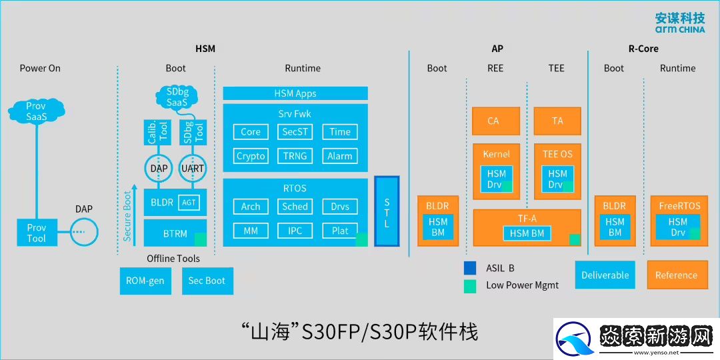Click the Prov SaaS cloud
36,111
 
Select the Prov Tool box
37,233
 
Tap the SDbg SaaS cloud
177,98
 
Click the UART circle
193,169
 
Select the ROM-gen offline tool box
145,281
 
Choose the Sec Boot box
207,281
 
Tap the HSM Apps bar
295,94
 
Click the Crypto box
251,156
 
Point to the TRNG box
295,156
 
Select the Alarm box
339,156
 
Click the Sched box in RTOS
295,207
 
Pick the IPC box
295,231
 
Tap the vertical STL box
387,211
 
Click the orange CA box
493,121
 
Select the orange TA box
557,121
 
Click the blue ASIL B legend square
470,268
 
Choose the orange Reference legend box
676,275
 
